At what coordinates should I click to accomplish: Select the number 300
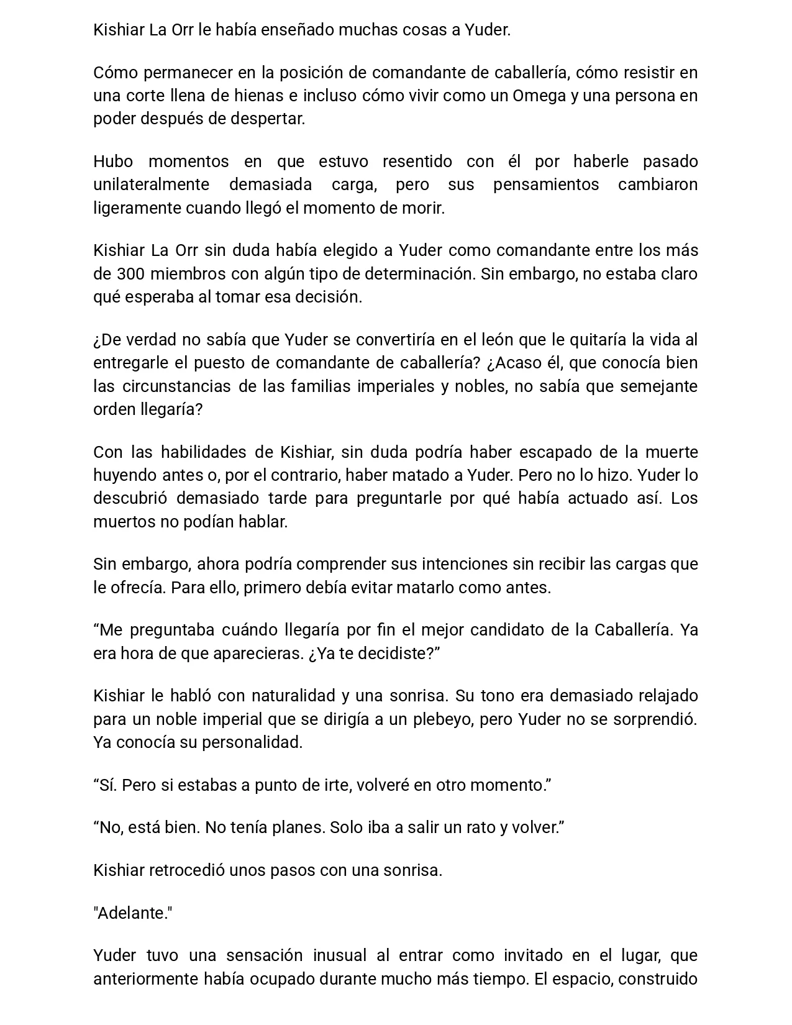tap(130, 274)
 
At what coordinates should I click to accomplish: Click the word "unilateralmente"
tap(151, 184)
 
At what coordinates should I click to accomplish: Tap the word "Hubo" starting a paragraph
tap(113, 162)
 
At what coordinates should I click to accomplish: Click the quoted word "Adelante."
tap(133, 913)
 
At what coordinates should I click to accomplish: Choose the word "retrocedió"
tap(187, 870)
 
